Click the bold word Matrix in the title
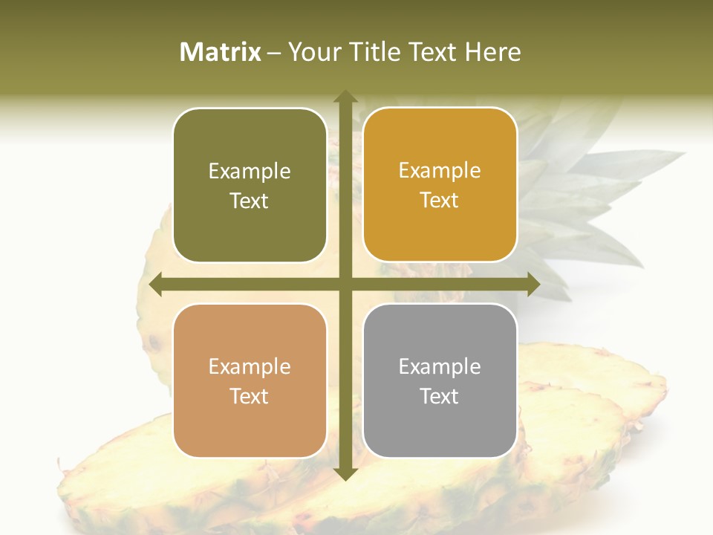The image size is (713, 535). [x=221, y=52]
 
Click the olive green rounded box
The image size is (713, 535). [x=250, y=185]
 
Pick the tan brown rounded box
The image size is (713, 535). [x=250, y=380]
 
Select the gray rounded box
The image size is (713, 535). [x=440, y=380]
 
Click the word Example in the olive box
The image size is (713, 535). [x=250, y=172]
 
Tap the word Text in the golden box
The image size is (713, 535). [x=440, y=200]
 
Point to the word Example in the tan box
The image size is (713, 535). [x=250, y=367]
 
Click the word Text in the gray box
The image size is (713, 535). [x=440, y=396]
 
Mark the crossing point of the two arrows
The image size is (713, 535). [x=345, y=285]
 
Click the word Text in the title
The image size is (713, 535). [x=432, y=52]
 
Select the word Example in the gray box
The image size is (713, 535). [x=440, y=366]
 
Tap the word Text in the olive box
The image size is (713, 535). [x=250, y=201]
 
